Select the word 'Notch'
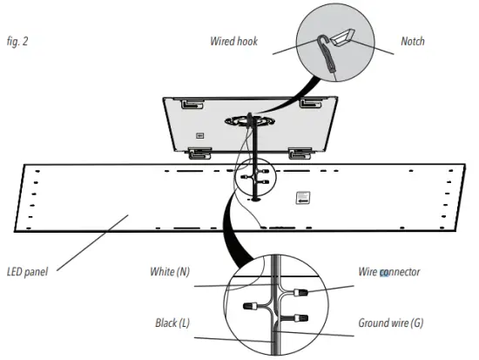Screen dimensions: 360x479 click(x=412, y=41)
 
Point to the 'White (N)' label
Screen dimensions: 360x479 click(x=170, y=272)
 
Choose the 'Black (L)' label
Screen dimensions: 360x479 click(x=171, y=323)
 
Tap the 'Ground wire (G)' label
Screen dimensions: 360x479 click(x=392, y=323)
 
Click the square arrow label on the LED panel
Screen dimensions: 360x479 click(x=302, y=197)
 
